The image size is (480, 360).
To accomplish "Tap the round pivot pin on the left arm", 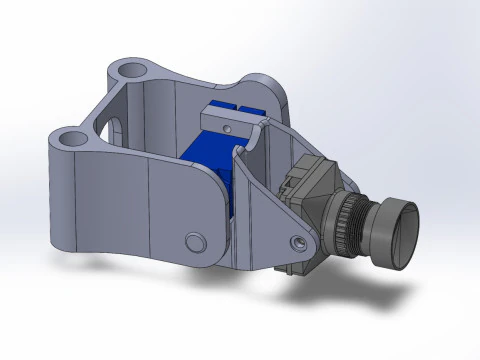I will [x=195, y=241].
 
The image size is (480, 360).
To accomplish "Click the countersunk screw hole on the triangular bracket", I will [x=299, y=242].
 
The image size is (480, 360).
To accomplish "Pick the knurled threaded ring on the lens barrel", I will [x=352, y=221].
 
